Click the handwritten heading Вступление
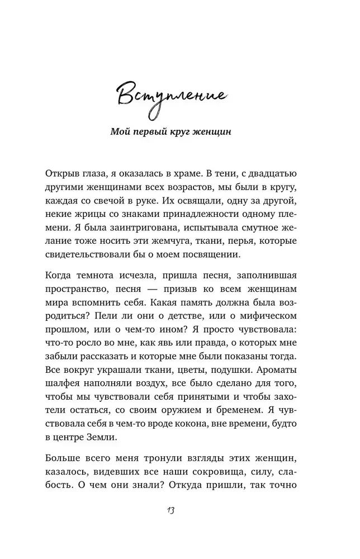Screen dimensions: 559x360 click(171, 96)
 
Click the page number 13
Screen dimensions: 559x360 click(172, 511)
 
